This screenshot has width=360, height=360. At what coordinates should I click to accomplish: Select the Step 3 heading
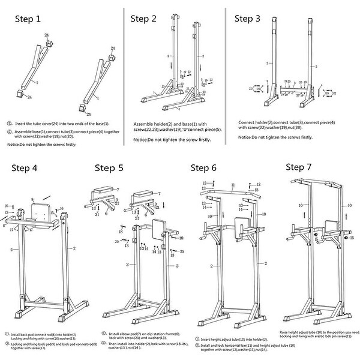pos(252,19)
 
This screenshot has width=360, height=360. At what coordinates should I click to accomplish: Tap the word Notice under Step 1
pos(14,145)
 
